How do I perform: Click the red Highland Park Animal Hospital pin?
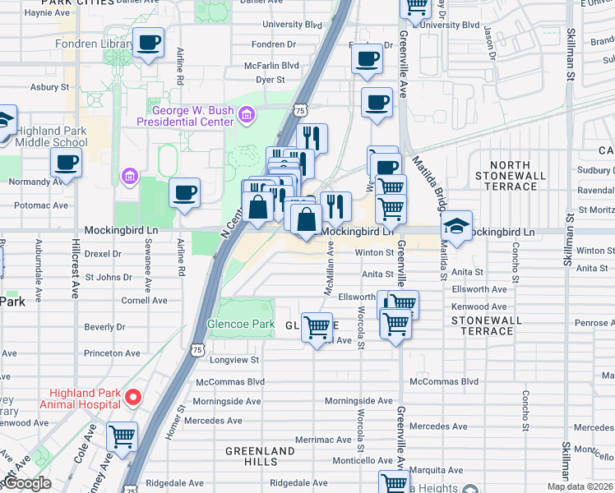tap(132, 398)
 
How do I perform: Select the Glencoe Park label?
tap(241, 324)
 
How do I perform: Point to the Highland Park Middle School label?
tap(51, 136)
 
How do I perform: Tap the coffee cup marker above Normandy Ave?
tap(66, 161)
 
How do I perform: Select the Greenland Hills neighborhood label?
tap(260, 457)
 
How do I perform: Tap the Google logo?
tap(27, 483)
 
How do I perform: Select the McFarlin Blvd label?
tap(271, 65)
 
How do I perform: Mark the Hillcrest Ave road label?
tap(75, 263)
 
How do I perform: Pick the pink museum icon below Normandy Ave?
tap(128, 176)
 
